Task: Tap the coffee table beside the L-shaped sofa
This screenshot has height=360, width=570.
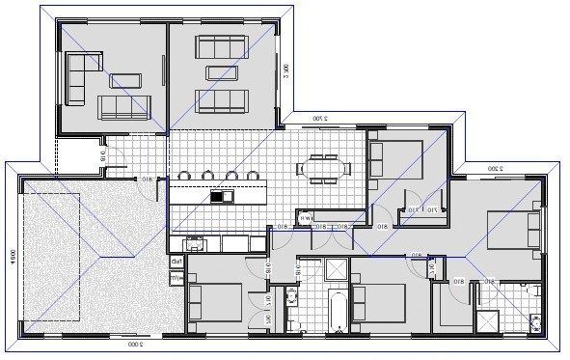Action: (125, 79)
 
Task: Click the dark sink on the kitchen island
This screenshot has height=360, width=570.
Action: (217, 197)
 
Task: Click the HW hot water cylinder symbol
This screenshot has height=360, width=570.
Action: (305, 217)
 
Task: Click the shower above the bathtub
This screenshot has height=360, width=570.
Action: (337, 269)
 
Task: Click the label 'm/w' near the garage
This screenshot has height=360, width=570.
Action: (177, 277)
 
